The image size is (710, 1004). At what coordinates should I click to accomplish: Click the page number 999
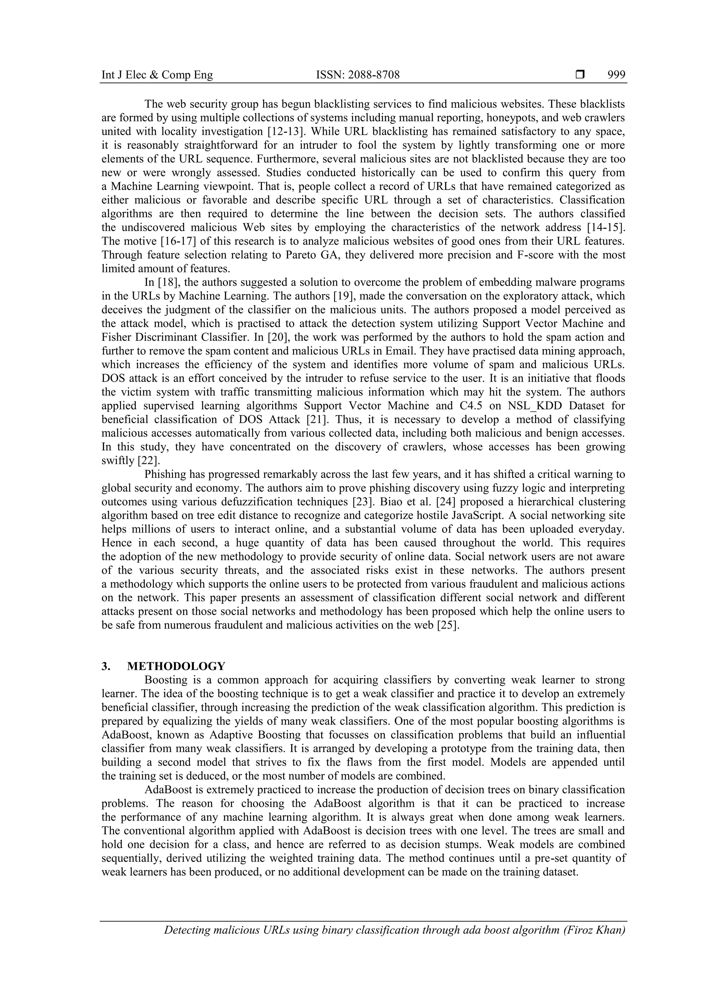(616, 75)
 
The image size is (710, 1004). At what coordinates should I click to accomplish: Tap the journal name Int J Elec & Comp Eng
(157, 75)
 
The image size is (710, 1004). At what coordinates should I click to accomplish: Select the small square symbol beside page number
(580, 75)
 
